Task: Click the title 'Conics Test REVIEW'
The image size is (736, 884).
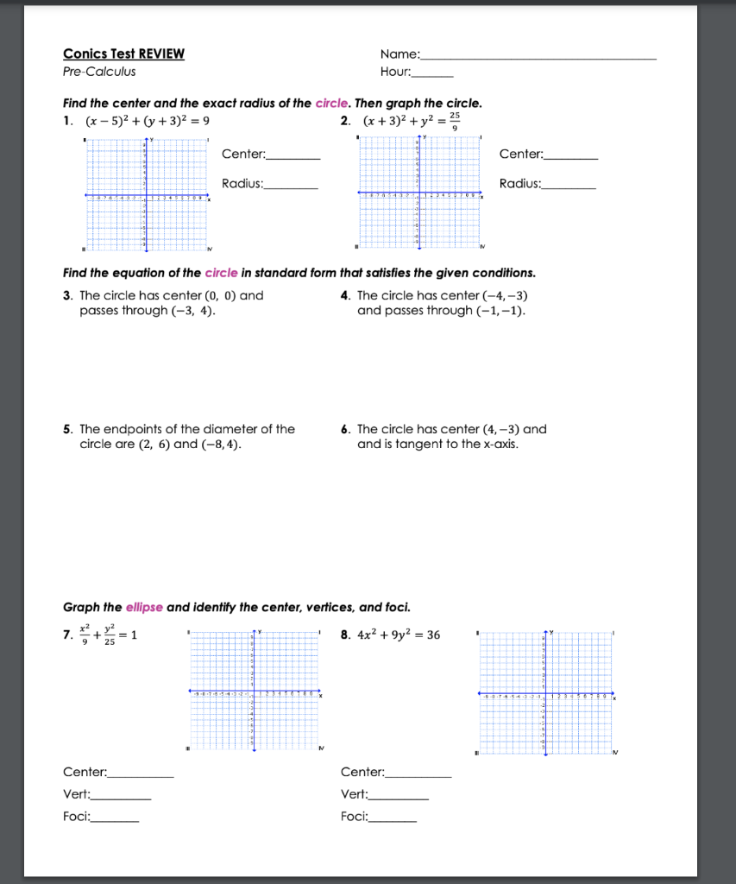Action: point(123,54)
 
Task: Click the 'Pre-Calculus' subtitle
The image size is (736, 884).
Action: point(99,72)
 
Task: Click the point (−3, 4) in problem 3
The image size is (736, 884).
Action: point(195,310)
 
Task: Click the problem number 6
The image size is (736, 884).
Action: point(345,429)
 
